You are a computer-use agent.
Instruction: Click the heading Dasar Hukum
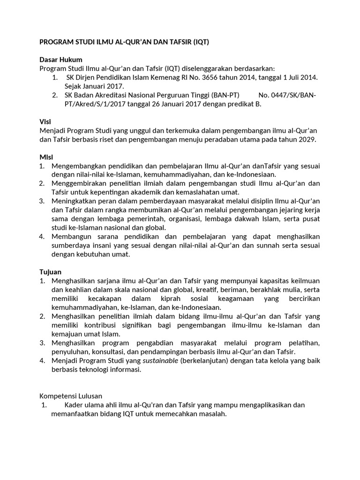(60, 60)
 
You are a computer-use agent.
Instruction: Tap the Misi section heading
(45, 157)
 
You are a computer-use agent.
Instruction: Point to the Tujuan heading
(50, 272)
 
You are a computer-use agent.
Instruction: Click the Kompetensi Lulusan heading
(70, 396)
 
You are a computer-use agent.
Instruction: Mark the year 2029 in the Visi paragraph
(307, 139)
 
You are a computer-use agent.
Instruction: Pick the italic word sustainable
(160, 360)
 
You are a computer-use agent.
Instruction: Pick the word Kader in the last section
(74, 405)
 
